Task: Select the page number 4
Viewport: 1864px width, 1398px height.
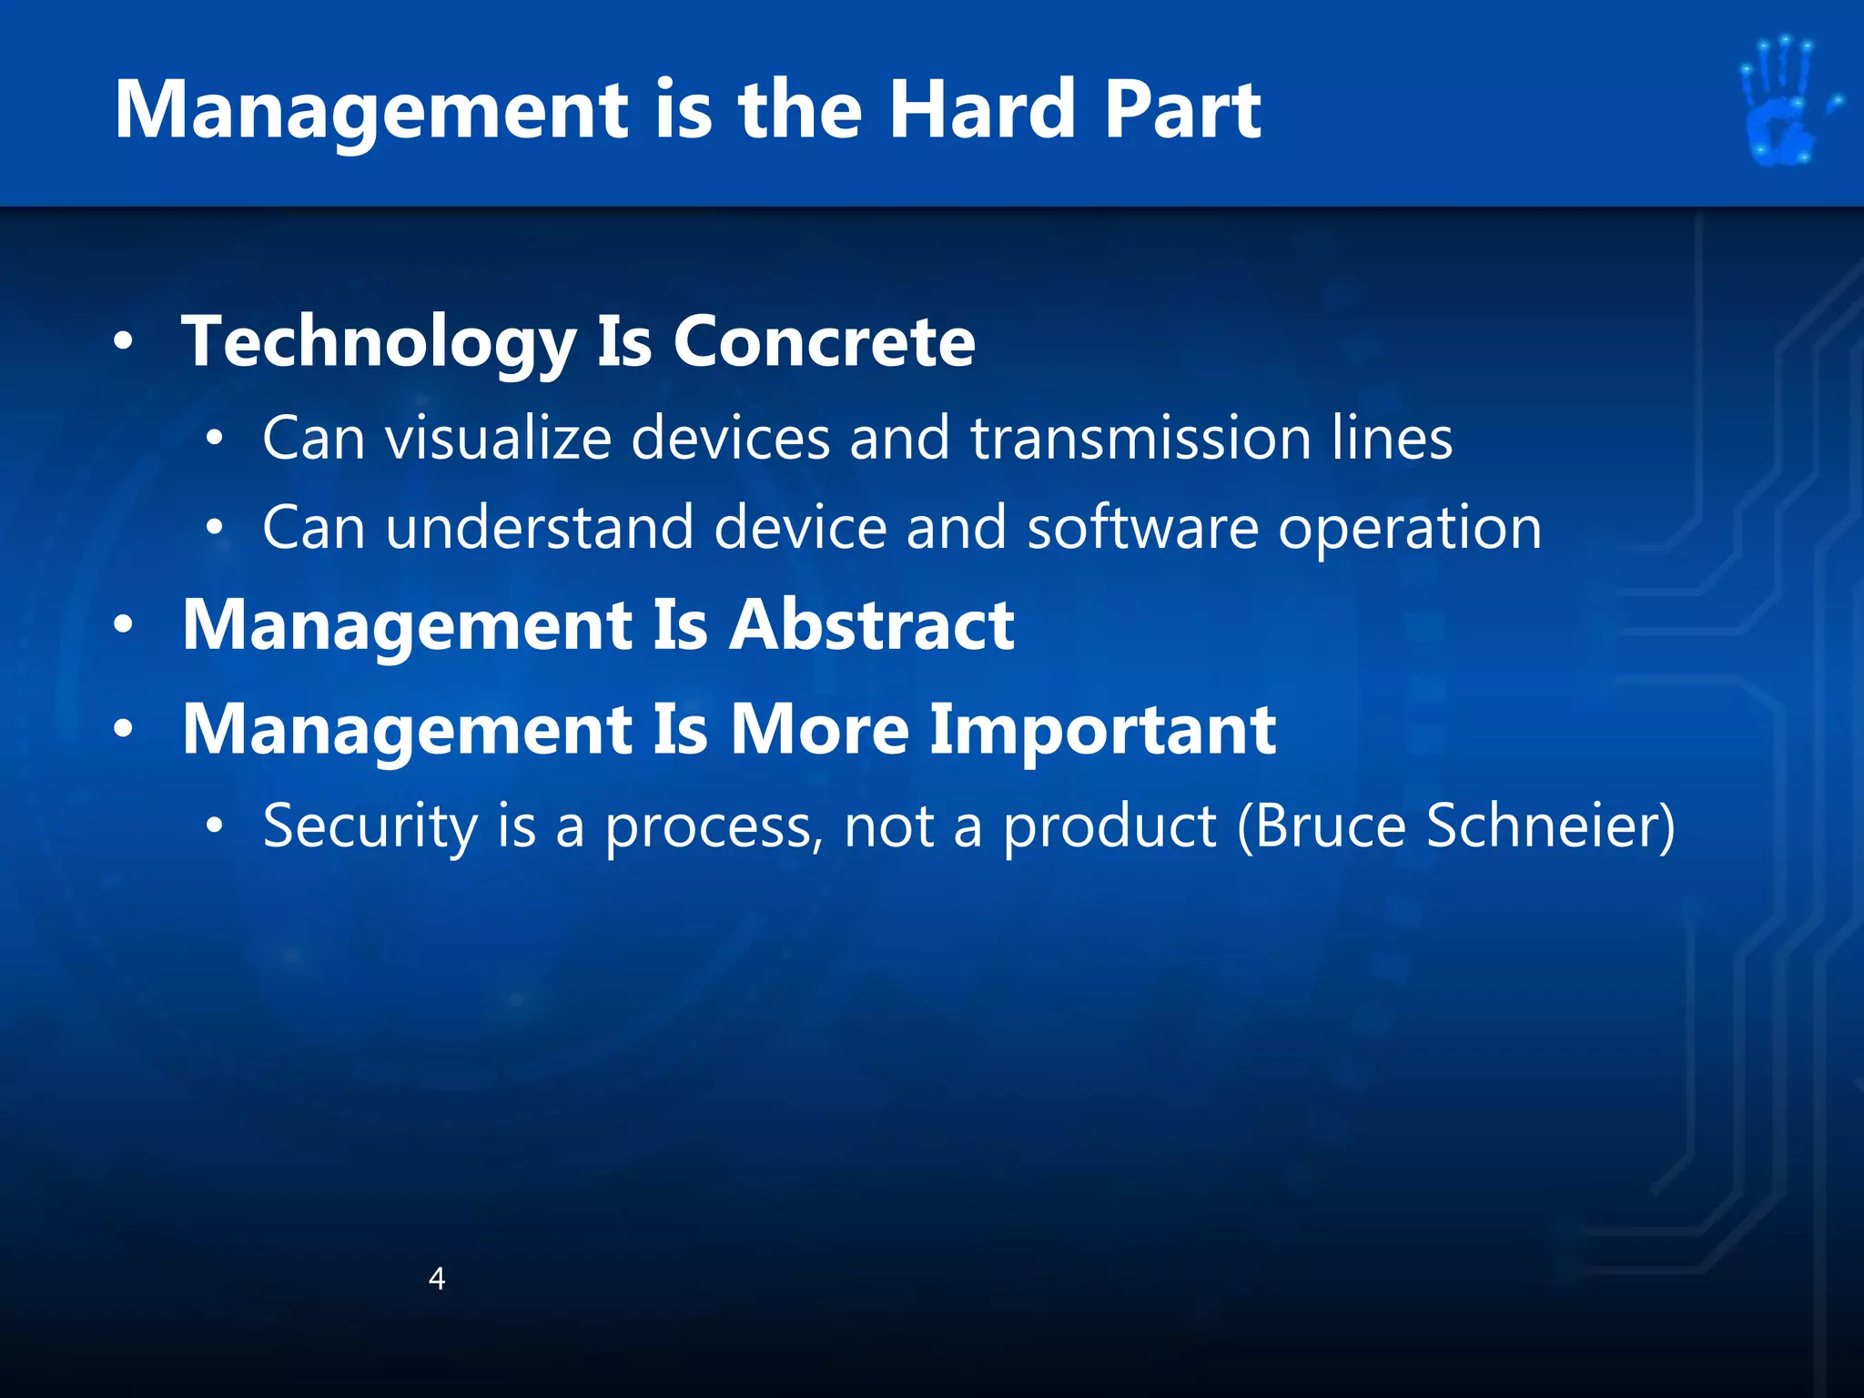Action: (437, 1279)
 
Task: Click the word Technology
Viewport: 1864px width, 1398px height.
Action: (379, 342)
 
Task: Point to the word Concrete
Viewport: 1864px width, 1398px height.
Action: (824, 342)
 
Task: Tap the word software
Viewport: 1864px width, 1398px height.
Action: (1142, 528)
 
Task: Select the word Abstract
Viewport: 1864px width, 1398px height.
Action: (871, 626)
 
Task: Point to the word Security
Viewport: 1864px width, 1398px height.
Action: (370, 826)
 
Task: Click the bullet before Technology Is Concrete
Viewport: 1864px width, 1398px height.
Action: (124, 342)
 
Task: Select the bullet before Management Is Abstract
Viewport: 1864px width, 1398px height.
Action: (124, 626)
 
